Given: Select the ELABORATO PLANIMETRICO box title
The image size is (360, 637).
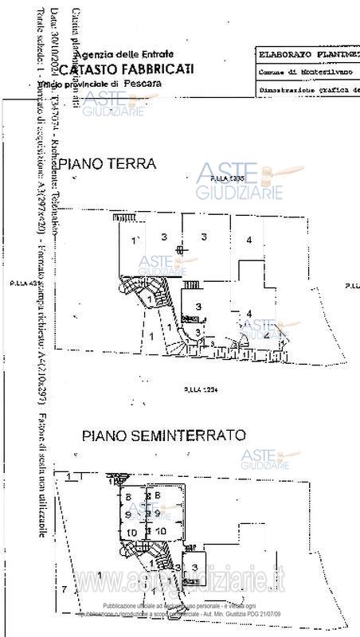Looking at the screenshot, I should (307, 56).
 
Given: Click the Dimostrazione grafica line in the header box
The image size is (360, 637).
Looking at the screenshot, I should (307, 91).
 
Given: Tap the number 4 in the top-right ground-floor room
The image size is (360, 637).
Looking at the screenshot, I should (249, 240).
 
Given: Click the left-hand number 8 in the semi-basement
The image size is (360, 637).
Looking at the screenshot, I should (127, 498).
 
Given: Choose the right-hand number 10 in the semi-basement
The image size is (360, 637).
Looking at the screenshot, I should (160, 530).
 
